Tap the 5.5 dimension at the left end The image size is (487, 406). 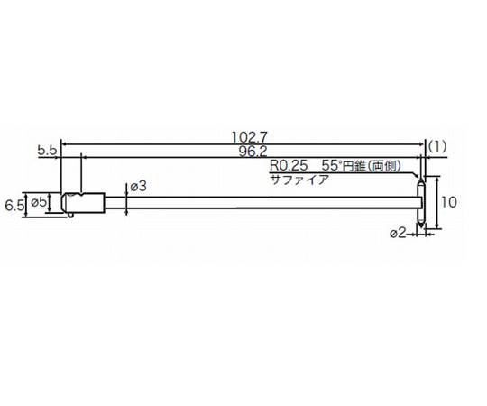[x=48, y=151]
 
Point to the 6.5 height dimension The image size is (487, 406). [x=14, y=205]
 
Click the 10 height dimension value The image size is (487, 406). [x=455, y=202]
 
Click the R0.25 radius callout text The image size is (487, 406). [x=288, y=168]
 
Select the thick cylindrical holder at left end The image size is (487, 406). [x=83, y=202]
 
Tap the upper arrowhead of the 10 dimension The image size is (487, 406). [x=439, y=180]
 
